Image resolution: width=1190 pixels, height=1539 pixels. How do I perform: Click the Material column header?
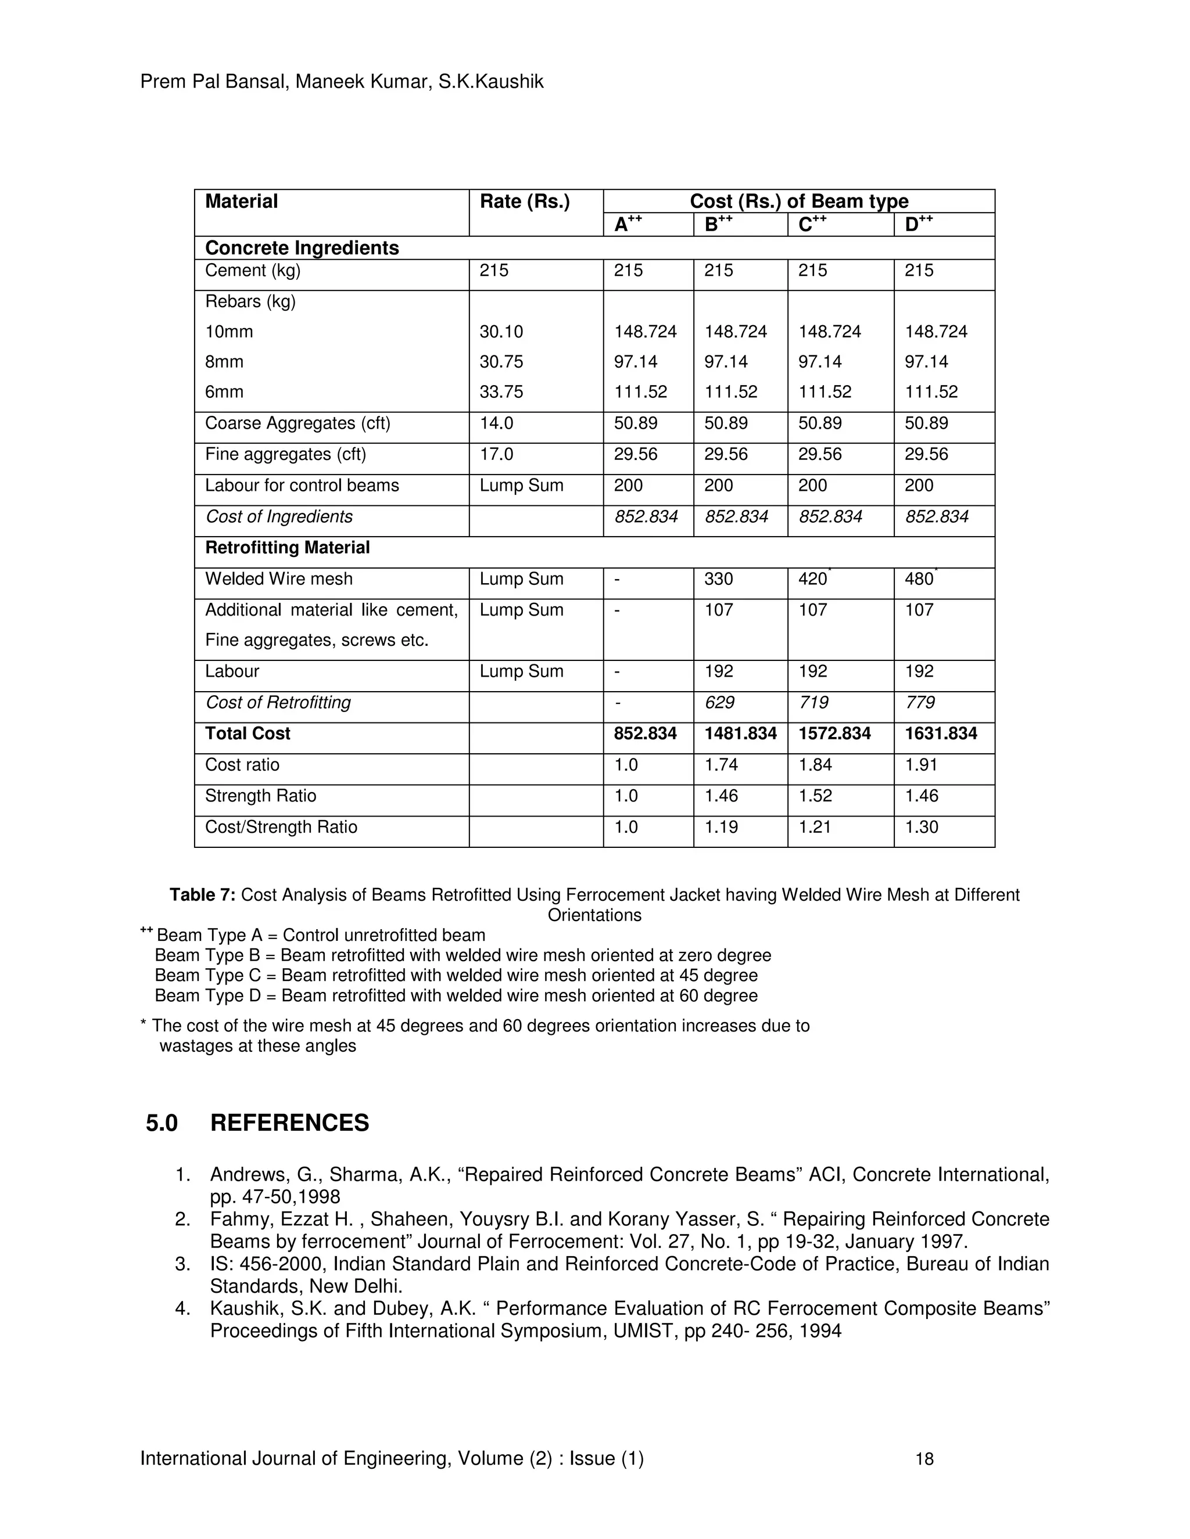(241, 202)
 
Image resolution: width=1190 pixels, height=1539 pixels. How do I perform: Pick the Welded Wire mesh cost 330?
(718, 578)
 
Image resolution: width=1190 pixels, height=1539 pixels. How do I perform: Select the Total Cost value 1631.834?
(941, 733)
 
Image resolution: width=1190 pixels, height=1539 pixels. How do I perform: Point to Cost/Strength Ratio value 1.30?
(921, 826)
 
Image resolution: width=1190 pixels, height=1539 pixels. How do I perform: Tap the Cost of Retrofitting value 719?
(813, 703)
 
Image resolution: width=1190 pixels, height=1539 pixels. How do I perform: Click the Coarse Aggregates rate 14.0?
(496, 423)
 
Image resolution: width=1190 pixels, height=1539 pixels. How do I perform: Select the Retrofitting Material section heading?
(287, 548)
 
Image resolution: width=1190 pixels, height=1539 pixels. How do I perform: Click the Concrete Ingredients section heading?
(302, 248)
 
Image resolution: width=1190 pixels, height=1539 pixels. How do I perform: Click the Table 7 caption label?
(202, 895)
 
